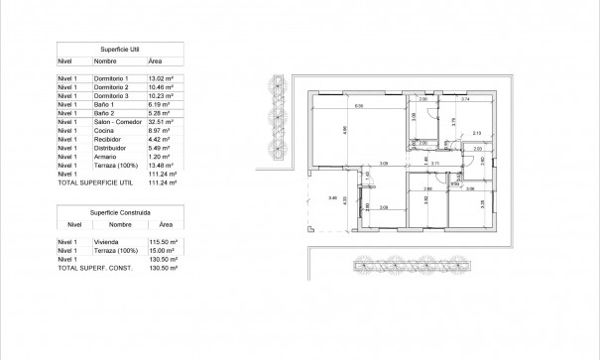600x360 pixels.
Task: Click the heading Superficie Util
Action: [118, 48]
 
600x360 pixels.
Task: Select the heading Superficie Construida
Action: [120, 212]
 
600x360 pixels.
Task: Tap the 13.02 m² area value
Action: [162, 77]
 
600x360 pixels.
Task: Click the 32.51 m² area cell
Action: [162, 122]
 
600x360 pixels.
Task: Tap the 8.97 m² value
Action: [160, 131]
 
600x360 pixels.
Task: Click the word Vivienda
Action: [106, 242]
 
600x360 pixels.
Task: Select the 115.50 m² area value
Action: [163, 242]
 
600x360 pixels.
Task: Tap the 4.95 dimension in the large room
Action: [344, 130]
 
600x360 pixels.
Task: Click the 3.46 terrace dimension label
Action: [333, 198]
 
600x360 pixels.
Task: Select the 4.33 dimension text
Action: [344, 199]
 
